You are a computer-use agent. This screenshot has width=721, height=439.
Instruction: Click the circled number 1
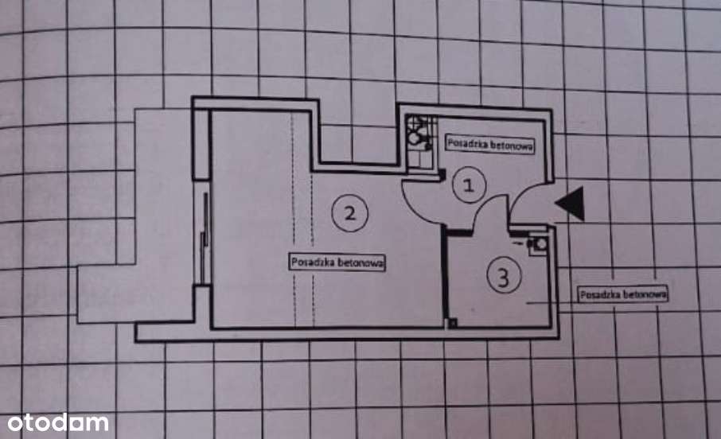coord(469,185)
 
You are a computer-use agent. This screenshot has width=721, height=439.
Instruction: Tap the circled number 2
coord(350,213)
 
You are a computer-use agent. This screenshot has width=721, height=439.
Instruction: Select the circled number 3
coord(504,276)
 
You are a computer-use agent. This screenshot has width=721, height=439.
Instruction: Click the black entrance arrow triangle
coord(571,203)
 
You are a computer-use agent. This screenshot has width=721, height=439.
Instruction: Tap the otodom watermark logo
coord(58,422)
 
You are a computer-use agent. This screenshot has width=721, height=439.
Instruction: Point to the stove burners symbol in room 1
coord(419,134)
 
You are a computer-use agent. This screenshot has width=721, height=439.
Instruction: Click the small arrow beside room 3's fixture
coord(517,241)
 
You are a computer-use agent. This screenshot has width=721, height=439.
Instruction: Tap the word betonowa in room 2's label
coord(360,263)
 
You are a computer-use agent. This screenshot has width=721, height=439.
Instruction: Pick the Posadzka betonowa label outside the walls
coord(623,294)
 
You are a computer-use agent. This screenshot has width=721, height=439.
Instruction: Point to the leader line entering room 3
coord(551,303)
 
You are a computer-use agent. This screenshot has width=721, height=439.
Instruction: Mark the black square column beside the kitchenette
coord(442,174)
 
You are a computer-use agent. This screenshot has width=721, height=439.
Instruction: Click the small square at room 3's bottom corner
coord(453,323)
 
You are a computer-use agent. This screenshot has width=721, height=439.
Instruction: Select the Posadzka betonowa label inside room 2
coord(337,262)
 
